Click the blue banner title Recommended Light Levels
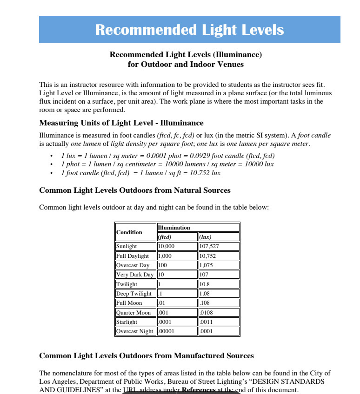(x=189, y=30)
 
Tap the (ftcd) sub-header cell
(x=177, y=237)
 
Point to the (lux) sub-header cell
(x=218, y=237)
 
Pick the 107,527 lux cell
(x=218, y=246)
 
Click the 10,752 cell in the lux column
(x=218, y=256)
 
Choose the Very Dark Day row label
(x=135, y=275)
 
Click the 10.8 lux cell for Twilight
(x=218, y=284)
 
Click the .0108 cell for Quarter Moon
(x=218, y=313)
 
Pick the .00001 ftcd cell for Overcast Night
(x=177, y=331)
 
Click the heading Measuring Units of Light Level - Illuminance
(x=121, y=123)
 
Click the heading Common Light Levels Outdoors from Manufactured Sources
(x=147, y=356)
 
